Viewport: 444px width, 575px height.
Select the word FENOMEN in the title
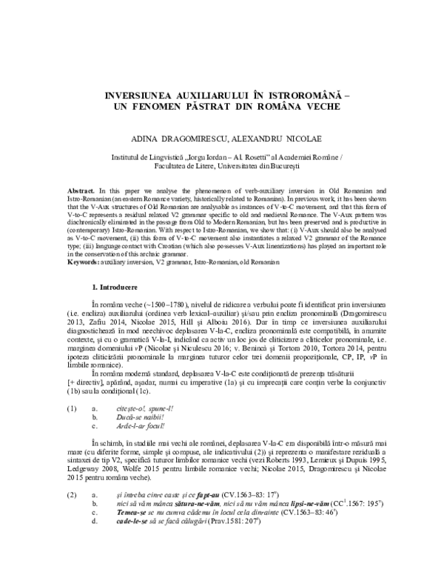[166, 107]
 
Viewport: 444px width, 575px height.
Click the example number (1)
[71, 408]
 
